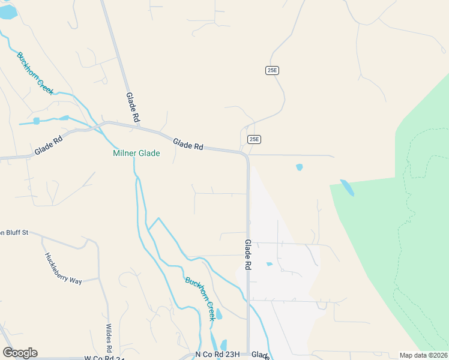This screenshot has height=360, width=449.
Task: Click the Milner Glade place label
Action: point(136,154)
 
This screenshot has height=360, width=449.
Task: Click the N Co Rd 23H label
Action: point(217,355)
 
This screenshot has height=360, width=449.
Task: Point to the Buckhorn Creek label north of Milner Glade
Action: point(35,73)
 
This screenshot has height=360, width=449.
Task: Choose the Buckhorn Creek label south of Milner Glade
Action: point(200,298)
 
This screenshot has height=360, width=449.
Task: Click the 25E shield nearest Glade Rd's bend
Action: point(254,139)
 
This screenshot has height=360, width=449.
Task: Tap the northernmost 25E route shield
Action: point(272,70)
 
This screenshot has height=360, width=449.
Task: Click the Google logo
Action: point(20,353)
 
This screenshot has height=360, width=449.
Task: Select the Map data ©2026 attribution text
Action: point(424,355)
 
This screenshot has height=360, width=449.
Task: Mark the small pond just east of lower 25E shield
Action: point(300,167)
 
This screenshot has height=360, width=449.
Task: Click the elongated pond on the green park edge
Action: point(347,188)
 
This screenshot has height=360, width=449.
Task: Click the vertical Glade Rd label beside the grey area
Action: point(247,254)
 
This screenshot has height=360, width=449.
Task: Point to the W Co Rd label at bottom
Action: point(104,358)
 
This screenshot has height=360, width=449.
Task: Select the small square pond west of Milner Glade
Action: point(37,121)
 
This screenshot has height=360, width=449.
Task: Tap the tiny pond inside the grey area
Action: point(269,264)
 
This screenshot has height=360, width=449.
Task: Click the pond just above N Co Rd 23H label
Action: point(223,345)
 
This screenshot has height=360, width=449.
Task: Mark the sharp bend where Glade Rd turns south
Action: point(246,156)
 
